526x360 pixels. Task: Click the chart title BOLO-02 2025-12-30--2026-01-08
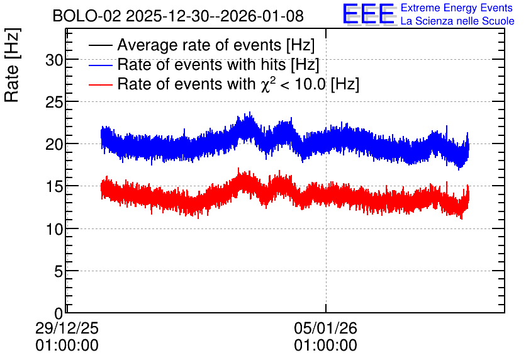coord(178,16)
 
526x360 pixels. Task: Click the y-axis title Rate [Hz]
coord(12,65)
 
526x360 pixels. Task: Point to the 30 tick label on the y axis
coord(54,60)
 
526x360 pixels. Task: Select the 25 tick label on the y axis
coord(54,103)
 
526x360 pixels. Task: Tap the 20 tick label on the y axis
coord(54,145)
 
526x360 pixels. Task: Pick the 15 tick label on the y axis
coord(54,187)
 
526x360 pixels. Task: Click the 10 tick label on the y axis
coord(54,229)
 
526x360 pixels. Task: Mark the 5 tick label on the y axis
coord(59,271)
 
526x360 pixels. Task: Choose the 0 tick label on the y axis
coord(59,313)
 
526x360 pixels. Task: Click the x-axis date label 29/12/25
coord(67,328)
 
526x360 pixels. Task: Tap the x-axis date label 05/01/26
coord(326,328)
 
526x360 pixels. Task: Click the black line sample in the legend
coord(100,45)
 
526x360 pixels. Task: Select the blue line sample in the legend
coord(100,65)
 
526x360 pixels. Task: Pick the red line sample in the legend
coord(100,84)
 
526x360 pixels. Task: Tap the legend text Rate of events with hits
coord(201,64)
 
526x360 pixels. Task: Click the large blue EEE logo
coord(369,14)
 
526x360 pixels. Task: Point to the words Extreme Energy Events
coord(457,8)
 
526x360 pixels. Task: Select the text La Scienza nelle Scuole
coord(457,21)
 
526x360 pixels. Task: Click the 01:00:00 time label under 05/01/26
coord(326,346)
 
